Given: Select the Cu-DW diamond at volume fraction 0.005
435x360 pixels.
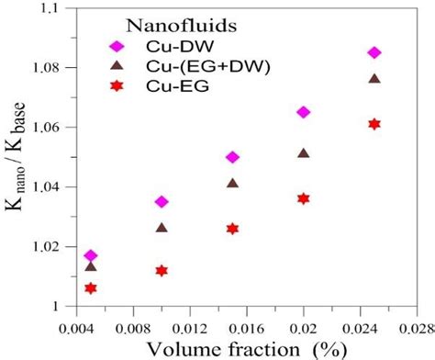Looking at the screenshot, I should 90,255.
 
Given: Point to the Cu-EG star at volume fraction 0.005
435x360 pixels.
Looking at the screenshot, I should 90,288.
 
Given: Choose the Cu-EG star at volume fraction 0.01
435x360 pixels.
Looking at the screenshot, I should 162,270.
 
